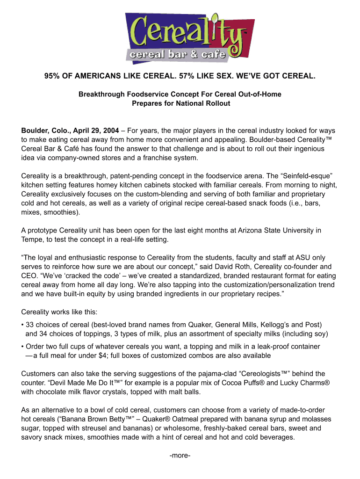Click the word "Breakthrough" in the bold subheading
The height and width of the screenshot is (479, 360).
click(99, 94)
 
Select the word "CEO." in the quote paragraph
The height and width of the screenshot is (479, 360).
click(30, 276)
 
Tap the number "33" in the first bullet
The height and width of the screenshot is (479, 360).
click(30, 325)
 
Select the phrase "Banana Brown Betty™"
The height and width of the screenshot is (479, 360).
click(86, 419)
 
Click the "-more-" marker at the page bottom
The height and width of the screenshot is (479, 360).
click(180, 455)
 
